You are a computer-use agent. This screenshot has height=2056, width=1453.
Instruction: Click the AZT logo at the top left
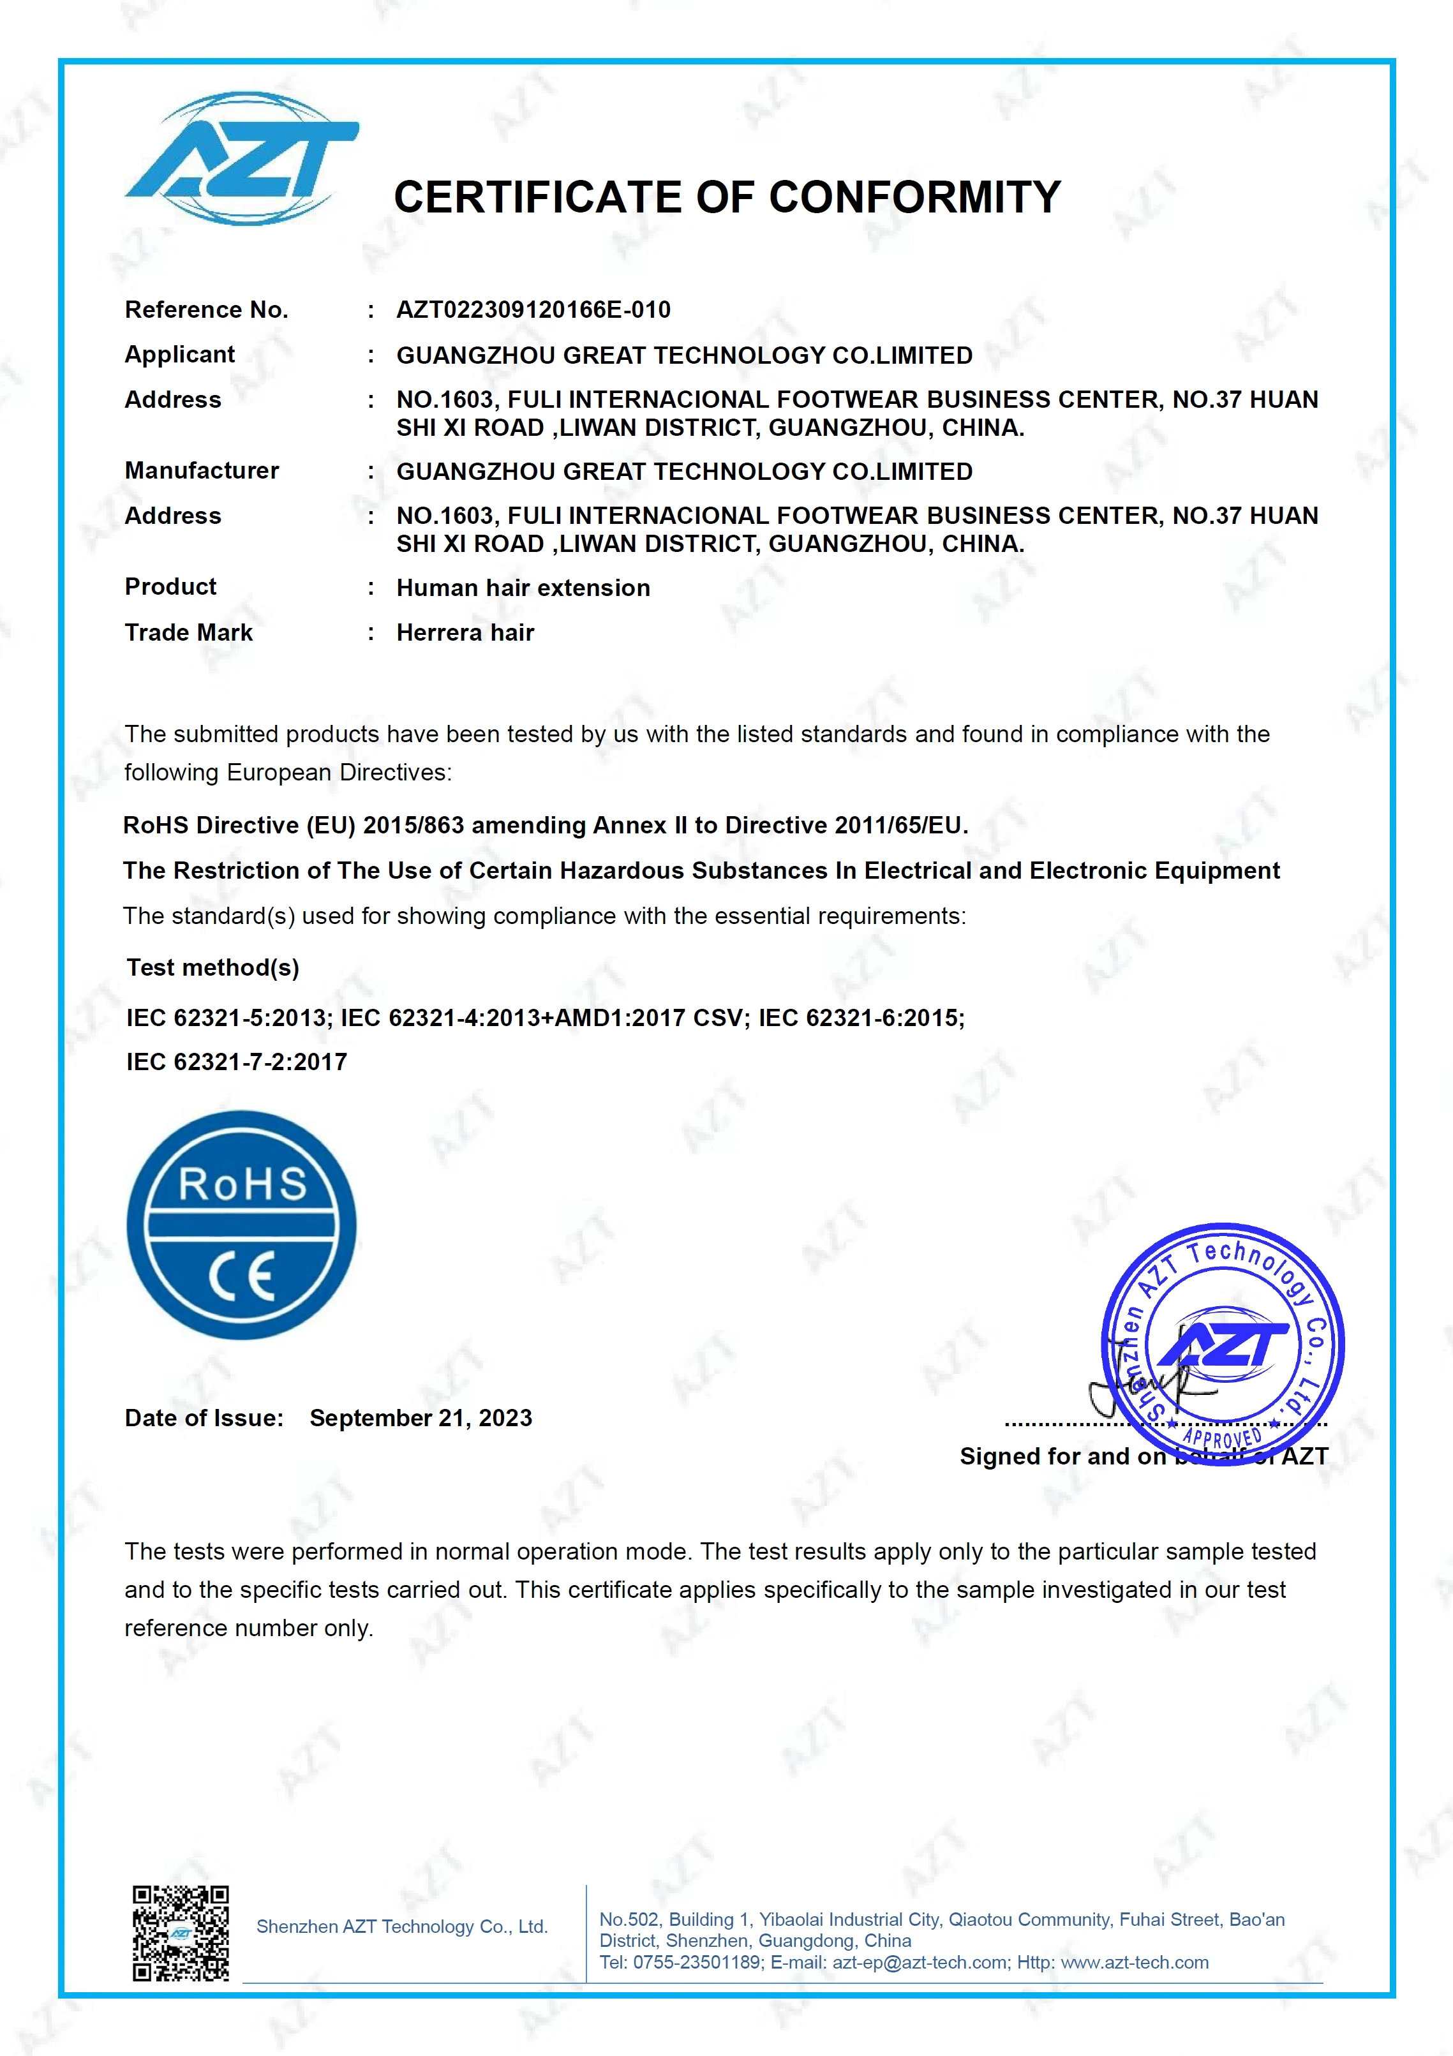click(x=242, y=158)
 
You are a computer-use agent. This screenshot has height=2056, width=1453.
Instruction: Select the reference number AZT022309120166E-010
click(x=533, y=310)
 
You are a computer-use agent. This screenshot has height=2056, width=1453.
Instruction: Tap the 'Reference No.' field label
click(x=206, y=310)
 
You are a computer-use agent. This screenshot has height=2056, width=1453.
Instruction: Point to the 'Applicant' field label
click(x=179, y=355)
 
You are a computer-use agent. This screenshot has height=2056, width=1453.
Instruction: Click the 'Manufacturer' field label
click(x=202, y=471)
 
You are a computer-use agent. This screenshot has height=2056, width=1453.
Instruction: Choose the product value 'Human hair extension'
click(x=523, y=588)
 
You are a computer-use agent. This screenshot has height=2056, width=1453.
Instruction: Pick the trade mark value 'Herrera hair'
click(x=465, y=633)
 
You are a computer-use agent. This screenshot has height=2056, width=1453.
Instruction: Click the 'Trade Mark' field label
click(x=188, y=633)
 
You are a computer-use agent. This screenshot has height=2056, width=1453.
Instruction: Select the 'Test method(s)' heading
click(x=212, y=968)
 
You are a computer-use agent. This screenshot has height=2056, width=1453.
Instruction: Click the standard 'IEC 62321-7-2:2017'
click(x=236, y=1062)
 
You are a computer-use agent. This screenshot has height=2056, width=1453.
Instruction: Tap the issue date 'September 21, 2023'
click(x=421, y=1419)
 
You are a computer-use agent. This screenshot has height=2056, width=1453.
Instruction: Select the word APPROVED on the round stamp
click(x=1222, y=1439)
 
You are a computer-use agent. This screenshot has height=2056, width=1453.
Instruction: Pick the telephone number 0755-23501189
click(x=697, y=1963)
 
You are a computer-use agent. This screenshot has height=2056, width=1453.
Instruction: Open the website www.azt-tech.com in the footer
click(x=1135, y=1963)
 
